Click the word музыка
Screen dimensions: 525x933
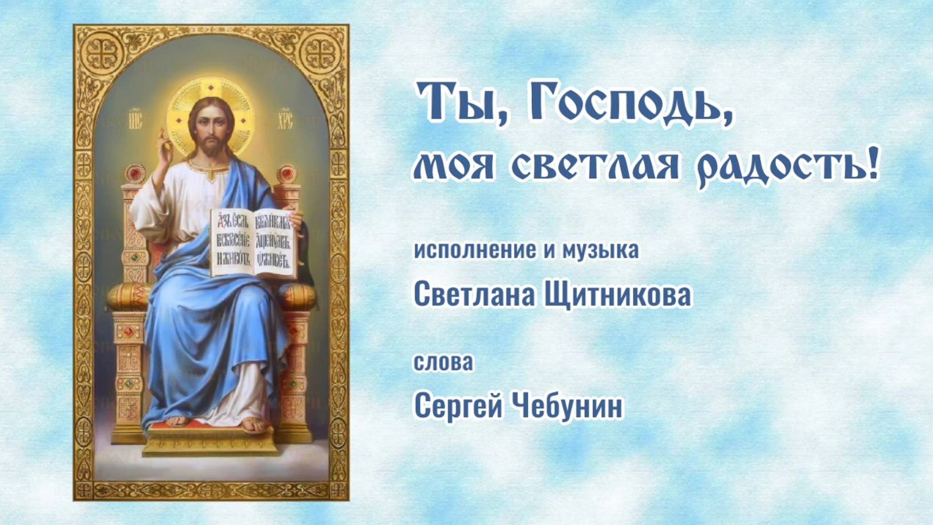(x=601, y=251)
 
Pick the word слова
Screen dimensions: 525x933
(x=444, y=362)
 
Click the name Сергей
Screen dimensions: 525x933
(x=458, y=406)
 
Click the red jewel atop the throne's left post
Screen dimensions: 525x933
(x=133, y=173)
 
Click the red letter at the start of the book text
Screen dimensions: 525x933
(x=219, y=220)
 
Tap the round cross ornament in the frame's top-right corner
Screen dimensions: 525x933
(x=319, y=52)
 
